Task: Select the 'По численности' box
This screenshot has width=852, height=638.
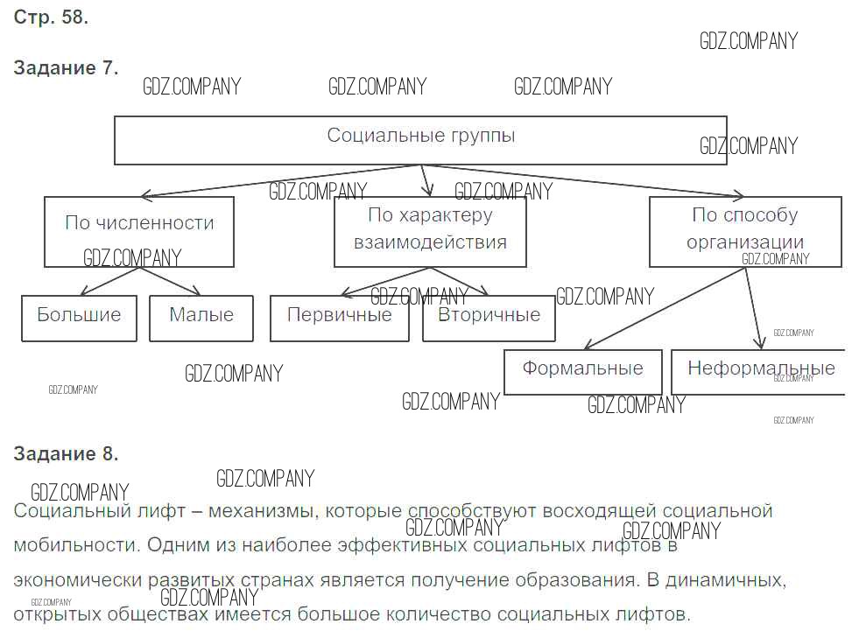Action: (139, 231)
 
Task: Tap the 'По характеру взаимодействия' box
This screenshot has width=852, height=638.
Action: (430, 231)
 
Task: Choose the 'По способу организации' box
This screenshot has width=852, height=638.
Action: (744, 231)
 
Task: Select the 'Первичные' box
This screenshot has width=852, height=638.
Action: (339, 318)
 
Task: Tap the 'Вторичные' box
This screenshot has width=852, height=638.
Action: (489, 318)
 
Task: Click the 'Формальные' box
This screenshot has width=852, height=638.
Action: (582, 371)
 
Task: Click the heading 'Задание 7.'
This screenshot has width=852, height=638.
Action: (66, 68)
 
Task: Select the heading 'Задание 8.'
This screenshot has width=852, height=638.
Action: (66, 453)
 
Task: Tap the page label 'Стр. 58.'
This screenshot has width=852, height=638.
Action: (51, 17)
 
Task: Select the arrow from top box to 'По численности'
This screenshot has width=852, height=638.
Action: (280, 179)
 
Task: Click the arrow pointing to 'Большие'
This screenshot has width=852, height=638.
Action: (109, 281)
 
